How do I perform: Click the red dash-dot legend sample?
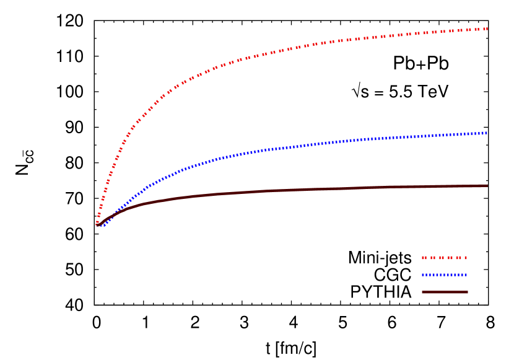pos(444,257)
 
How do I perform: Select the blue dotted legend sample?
pos(444,274)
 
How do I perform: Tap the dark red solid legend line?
pos(444,292)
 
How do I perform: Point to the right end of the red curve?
pos(487,29)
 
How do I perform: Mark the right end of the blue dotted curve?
pos(487,133)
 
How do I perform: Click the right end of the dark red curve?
pos(487,185)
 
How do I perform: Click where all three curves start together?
pos(98,225)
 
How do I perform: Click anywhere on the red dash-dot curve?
pos(248,58)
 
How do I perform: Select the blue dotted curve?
pos(248,152)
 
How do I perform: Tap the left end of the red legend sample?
pos(423,257)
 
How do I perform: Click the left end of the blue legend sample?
pos(423,274)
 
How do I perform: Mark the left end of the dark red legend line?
pos(423,292)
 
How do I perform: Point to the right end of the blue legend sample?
pos(466,274)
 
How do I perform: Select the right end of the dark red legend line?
pos(467,292)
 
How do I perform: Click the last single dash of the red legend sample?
pos(466,257)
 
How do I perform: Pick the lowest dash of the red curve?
pos(97,222)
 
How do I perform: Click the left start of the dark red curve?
pos(97,225)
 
